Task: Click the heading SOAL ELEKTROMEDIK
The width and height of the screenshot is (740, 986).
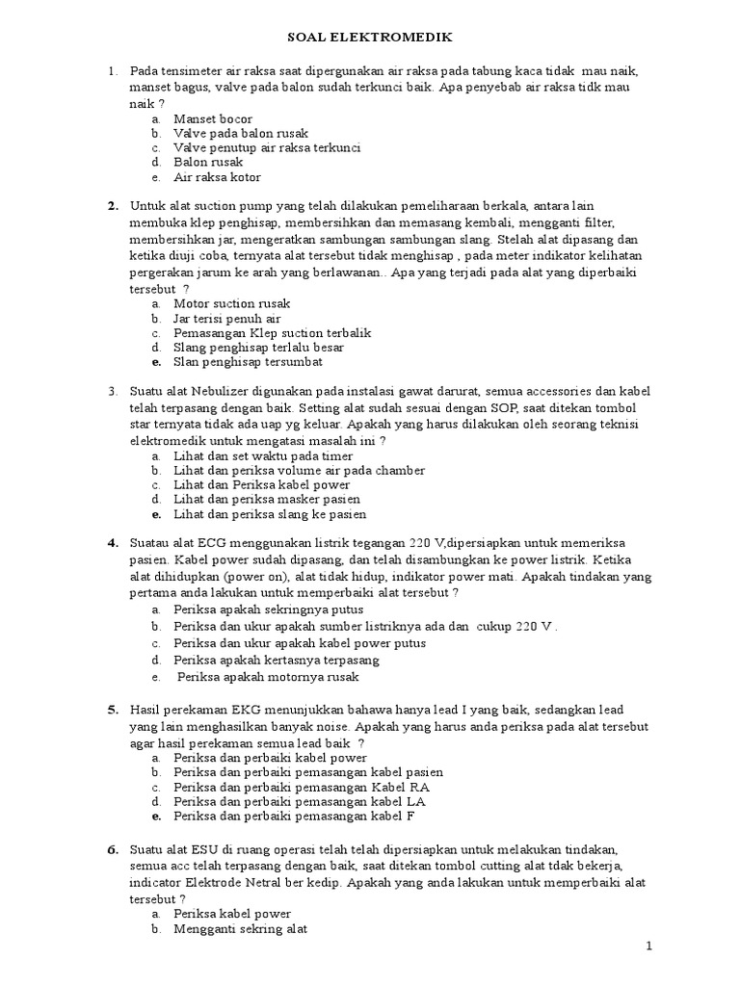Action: tap(370, 37)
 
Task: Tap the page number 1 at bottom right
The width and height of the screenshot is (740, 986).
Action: tap(649, 947)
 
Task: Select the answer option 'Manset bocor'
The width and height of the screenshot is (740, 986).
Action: tap(212, 118)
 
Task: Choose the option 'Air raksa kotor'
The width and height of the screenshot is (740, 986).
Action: tap(217, 177)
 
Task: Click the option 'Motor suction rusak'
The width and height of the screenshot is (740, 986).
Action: tap(231, 303)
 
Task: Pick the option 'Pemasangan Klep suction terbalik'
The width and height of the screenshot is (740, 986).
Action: tap(272, 332)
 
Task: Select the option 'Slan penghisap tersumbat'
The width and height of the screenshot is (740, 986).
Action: tap(248, 362)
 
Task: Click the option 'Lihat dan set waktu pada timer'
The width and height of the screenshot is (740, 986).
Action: tap(263, 455)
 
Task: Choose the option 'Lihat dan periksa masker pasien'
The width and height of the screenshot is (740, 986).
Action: tap(267, 500)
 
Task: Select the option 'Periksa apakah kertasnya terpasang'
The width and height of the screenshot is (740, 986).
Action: tap(277, 660)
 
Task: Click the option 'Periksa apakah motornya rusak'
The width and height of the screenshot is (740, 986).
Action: tap(266, 677)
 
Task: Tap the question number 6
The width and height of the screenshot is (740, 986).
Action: tap(112, 850)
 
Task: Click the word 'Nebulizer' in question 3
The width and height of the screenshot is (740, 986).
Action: tap(228, 391)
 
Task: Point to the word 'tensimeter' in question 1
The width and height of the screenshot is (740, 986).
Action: tap(190, 72)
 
